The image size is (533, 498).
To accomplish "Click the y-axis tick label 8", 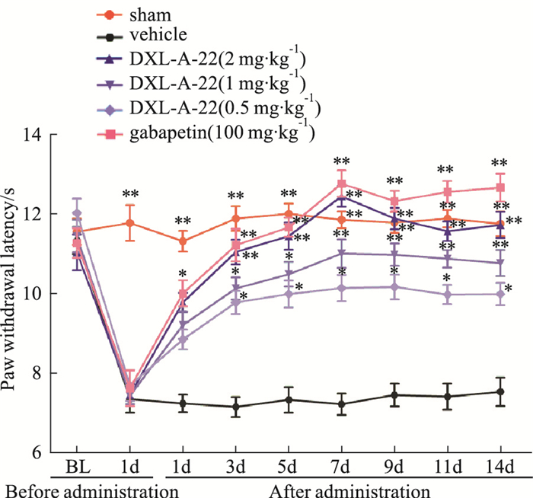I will [x=36, y=373].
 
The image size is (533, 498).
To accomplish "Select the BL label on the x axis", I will [x=78, y=465].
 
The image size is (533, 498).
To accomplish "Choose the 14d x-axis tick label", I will [x=499, y=465].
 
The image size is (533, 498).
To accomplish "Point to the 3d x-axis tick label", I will [x=236, y=465].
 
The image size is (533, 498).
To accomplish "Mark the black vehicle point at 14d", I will [x=499, y=392].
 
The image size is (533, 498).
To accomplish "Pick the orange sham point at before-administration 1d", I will [x=130, y=223].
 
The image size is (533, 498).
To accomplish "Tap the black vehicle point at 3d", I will [x=236, y=407].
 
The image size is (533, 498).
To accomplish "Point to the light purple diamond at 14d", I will [x=499, y=294].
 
